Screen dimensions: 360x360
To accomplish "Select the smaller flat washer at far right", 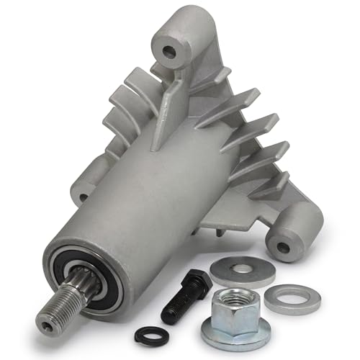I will coord(291,298).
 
